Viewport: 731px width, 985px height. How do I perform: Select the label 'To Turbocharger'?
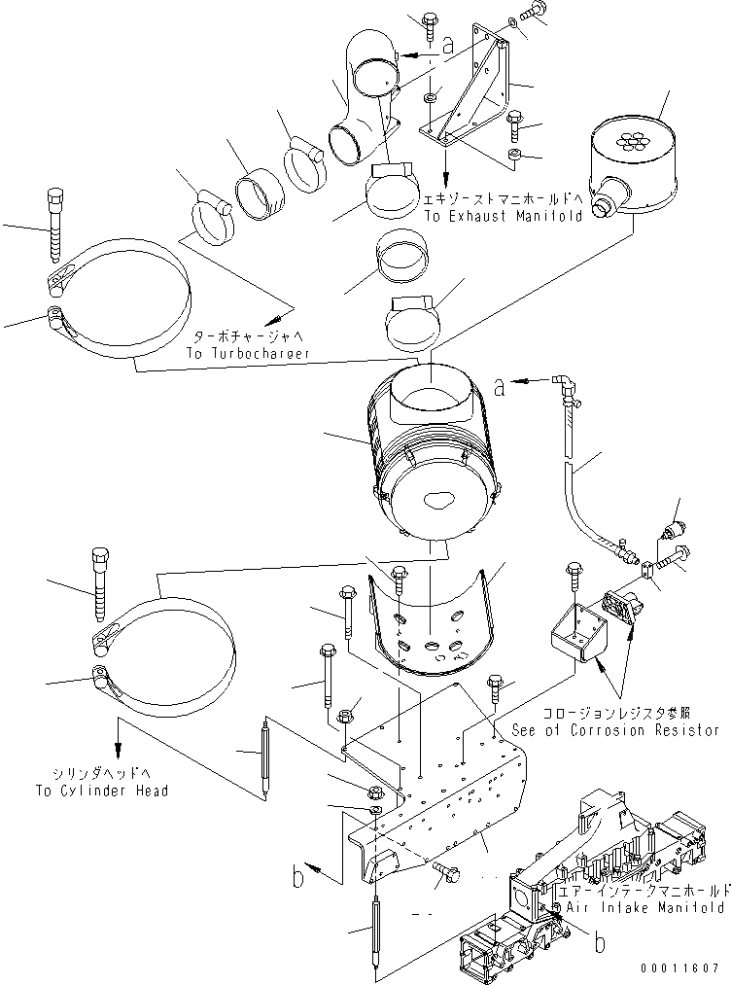248,355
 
